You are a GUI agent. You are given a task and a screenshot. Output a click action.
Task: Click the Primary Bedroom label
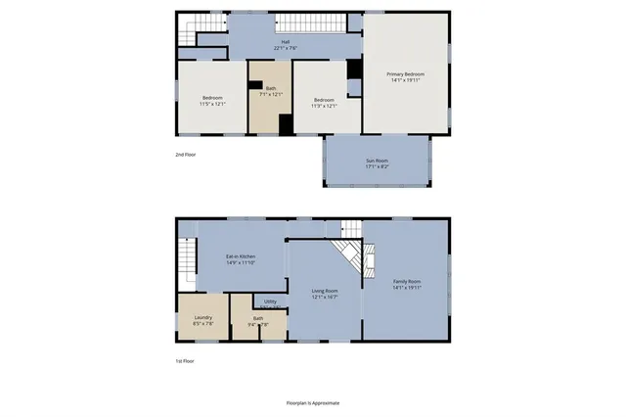point(406,73)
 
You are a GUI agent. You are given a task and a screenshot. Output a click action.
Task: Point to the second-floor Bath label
point(270,89)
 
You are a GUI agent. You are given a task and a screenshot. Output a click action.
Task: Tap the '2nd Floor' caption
point(186,155)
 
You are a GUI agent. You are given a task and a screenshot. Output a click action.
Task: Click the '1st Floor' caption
point(185,360)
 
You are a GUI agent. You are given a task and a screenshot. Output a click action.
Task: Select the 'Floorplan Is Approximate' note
point(312,402)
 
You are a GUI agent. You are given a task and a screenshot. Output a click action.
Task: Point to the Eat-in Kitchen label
point(241,256)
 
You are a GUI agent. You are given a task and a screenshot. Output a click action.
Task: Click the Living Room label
point(325,291)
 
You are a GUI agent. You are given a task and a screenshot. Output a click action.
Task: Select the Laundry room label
point(203,316)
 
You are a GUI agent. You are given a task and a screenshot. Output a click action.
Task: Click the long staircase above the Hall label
point(311,22)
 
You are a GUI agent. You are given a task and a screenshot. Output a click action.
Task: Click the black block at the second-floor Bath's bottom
point(286,125)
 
